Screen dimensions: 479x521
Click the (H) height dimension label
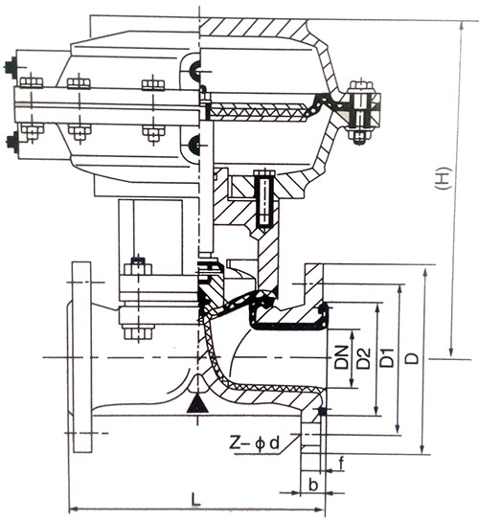445,178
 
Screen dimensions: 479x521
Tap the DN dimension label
342,357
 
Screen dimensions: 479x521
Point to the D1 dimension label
387,357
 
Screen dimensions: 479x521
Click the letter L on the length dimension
196,499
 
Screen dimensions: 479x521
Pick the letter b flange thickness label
313,485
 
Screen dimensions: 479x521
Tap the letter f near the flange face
341,464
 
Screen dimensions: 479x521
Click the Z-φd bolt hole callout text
255,442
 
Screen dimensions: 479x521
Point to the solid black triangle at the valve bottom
197,403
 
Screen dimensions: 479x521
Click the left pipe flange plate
82,357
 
